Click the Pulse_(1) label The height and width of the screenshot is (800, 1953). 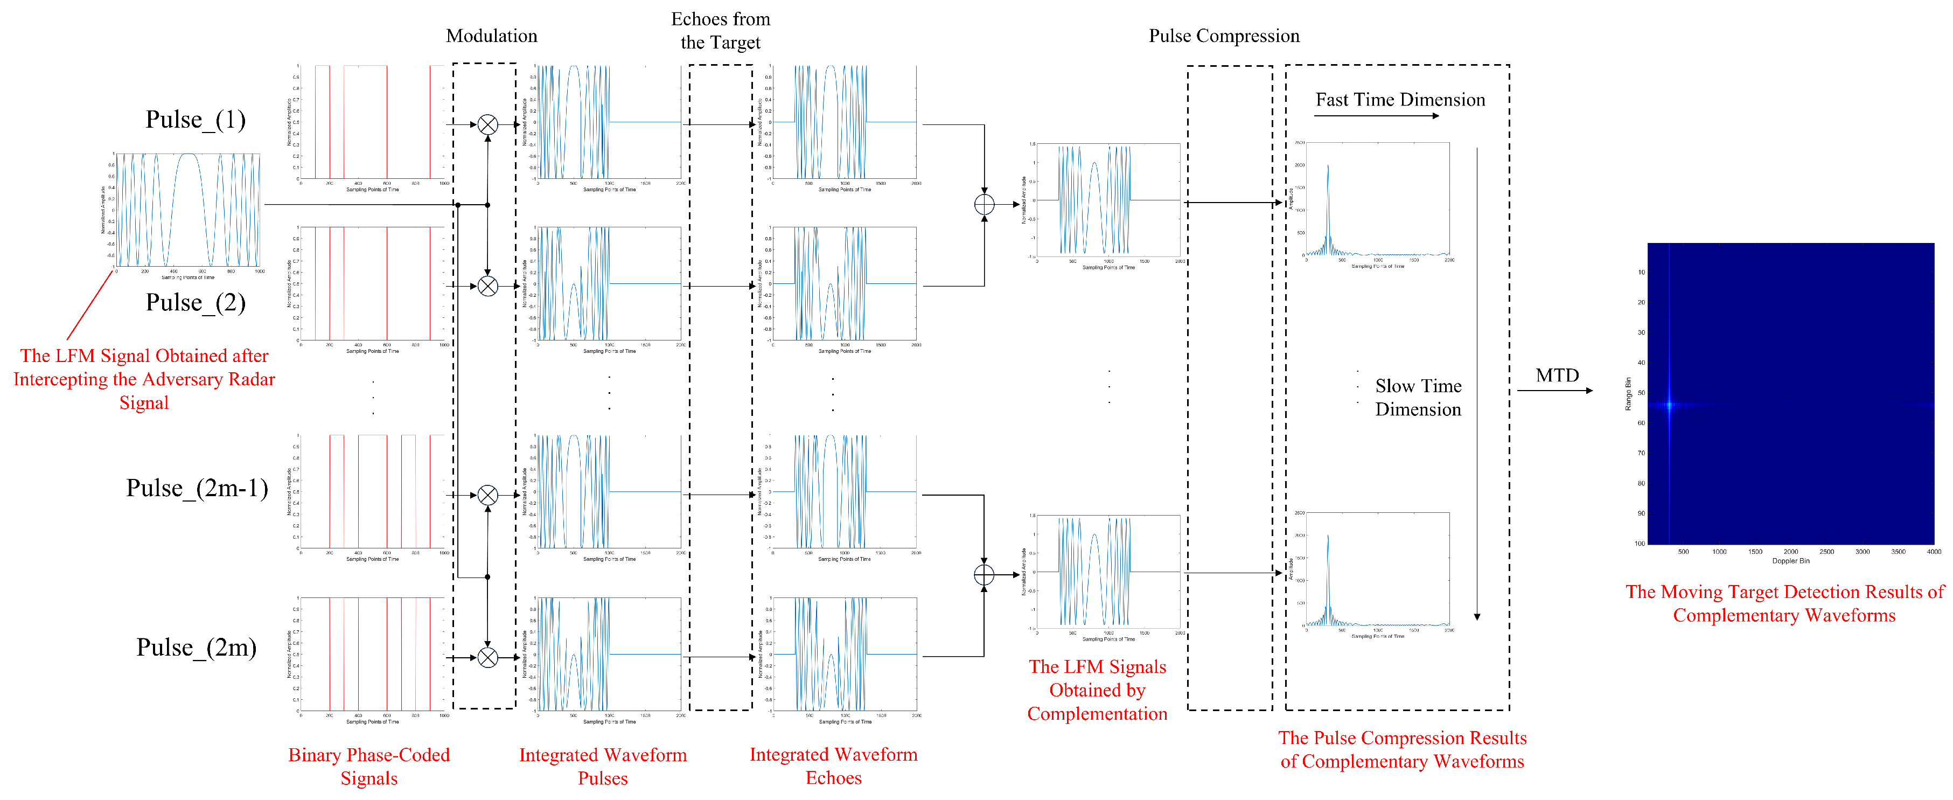pos(196,120)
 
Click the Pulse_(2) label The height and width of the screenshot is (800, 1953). pos(196,303)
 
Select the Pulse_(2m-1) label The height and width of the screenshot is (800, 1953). pos(197,488)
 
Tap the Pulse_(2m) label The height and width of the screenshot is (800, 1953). pos(197,648)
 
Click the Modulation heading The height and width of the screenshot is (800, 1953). pos(491,36)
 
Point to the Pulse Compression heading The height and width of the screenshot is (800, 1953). pos(1224,36)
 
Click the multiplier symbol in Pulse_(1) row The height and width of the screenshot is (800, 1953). pos(487,124)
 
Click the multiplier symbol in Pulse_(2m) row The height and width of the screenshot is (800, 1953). pos(487,657)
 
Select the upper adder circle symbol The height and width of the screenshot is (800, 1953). pos(984,204)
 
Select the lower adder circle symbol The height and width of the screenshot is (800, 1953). pos(984,575)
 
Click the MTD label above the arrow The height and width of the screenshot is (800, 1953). pos(1557,375)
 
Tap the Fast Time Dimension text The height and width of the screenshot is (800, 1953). pos(1399,100)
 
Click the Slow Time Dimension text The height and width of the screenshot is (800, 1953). pos(1418,398)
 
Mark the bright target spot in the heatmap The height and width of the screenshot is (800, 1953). pos(1669,404)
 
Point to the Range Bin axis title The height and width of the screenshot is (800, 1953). pos(1628,394)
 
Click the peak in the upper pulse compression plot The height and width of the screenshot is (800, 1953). pos(1328,167)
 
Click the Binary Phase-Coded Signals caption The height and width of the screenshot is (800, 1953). pos(369,766)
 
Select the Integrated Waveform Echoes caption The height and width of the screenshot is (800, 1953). pos(833,766)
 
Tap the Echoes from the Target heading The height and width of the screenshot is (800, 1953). pos(720,30)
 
